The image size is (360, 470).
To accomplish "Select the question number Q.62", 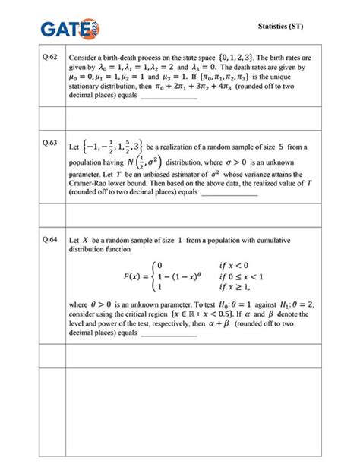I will (51, 57).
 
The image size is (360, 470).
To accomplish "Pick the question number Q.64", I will (51, 238).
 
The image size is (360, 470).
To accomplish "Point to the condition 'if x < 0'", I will (257, 264).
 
